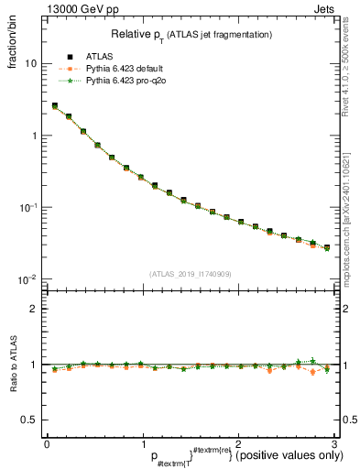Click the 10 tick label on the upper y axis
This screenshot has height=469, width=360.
point(31,64)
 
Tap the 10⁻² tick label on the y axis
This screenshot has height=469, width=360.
point(28,279)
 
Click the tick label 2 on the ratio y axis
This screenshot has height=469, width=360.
point(36,309)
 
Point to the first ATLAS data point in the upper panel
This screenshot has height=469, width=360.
point(55,106)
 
